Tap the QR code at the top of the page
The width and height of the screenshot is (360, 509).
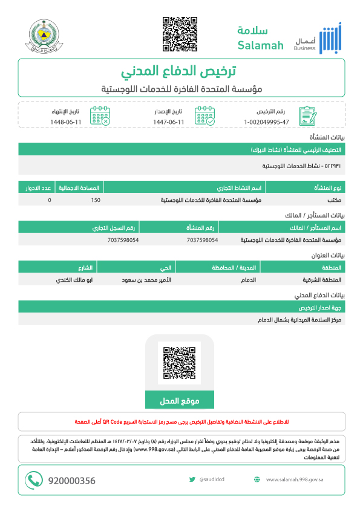pos(180,34)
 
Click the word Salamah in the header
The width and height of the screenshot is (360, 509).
pos(260,45)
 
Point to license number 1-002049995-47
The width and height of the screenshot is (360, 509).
pos(267,122)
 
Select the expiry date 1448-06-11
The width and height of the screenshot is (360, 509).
pos(65,122)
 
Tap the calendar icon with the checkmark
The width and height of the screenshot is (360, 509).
pos(205,115)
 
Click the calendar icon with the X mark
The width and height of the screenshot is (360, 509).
pos(100,115)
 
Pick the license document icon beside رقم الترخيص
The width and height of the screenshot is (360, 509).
pos(308,115)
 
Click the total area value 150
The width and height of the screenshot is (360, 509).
pos(96,199)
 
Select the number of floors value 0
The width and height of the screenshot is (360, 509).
pos(49,199)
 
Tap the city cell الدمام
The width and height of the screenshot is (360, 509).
pos(249,280)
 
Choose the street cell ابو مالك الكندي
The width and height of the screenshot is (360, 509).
pos(76,280)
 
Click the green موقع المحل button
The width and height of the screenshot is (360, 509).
pos(180,401)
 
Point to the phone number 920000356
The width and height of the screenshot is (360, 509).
pos(71,481)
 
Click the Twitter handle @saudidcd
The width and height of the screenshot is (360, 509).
pos(212,480)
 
